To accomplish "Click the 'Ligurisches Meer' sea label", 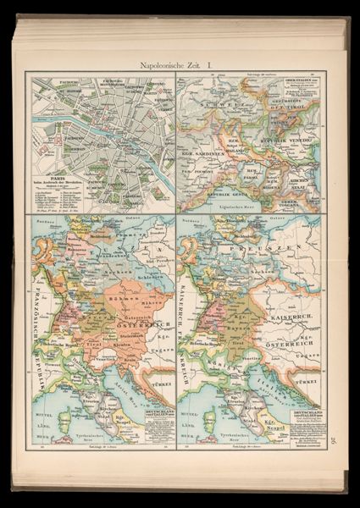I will (235, 206).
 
